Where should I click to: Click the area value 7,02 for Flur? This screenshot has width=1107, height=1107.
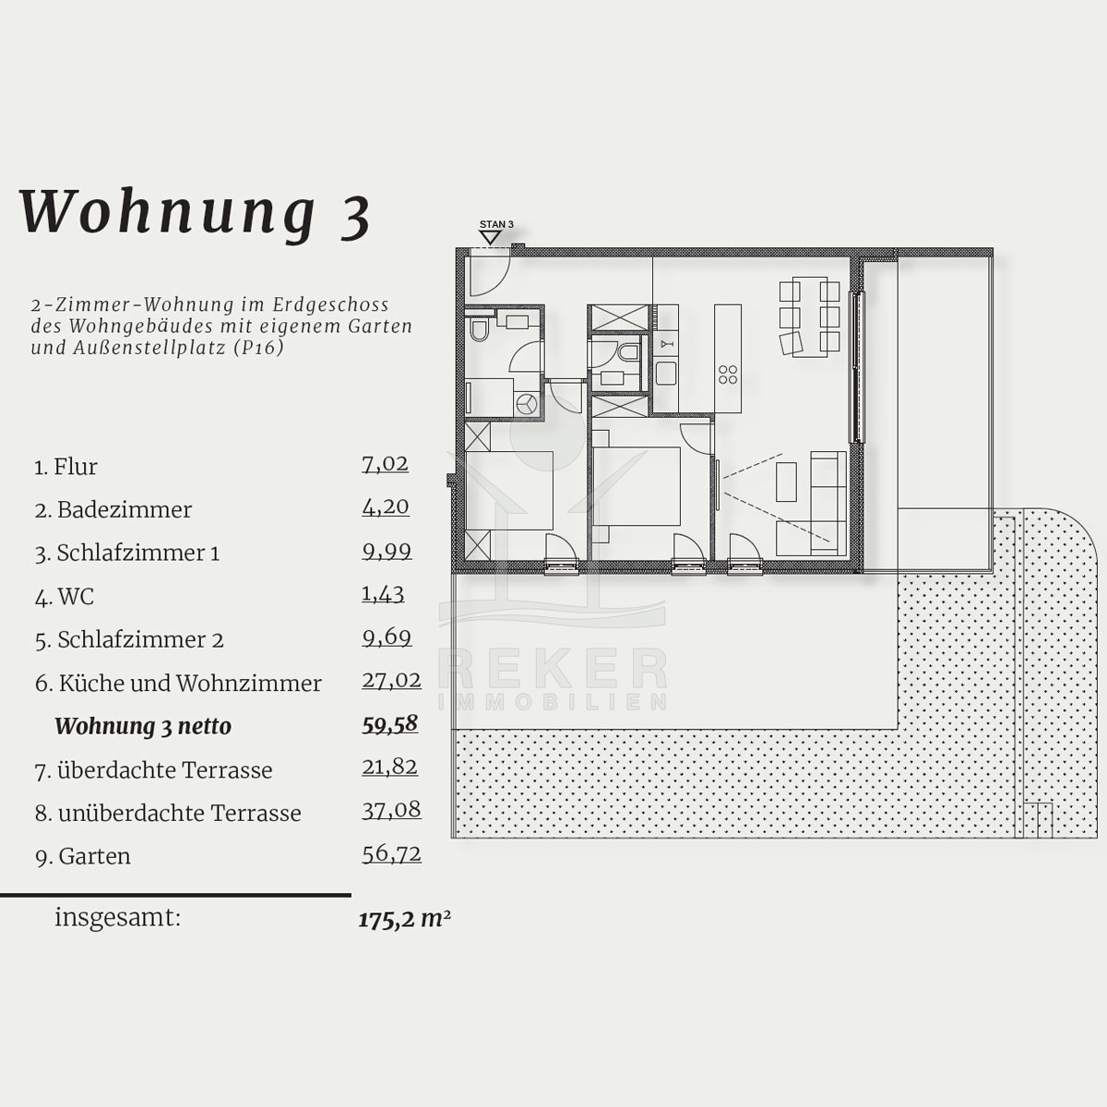(385, 464)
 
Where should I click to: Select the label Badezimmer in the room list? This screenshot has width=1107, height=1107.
(125, 510)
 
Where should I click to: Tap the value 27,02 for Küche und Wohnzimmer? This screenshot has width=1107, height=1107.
(391, 680)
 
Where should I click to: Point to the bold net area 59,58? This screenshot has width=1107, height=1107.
(389, 724)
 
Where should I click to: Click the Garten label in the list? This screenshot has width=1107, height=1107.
(94, 856)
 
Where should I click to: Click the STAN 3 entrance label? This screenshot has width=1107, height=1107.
(496, 224)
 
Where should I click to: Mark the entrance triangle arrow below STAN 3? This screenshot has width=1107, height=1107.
(491, 238)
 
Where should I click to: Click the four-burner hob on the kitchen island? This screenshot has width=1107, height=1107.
(728, 375)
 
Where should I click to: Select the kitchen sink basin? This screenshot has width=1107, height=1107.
(666, 374)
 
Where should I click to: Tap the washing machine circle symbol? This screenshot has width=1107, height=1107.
(527, 404)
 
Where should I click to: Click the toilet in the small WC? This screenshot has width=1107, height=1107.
(628, 351)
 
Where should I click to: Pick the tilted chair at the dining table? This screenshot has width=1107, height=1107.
(792, 343)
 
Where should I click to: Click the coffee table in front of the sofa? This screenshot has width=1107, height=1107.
(787, 482)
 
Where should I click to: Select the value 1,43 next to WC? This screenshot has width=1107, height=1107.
(383, 593)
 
